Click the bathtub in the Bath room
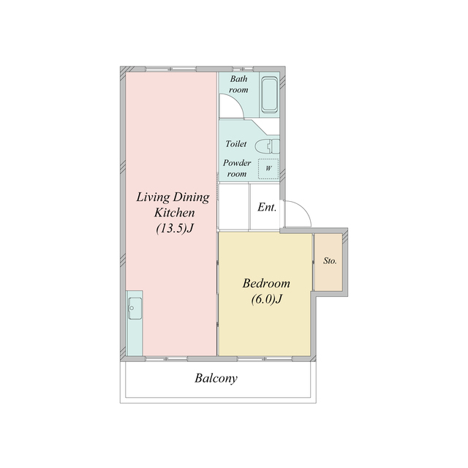coord(270,94)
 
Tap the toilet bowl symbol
coord(267,146)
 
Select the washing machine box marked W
coord(268,169)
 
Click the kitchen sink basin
coord(135,309)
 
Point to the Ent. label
coord(267,207)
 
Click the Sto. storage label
coord(330,261)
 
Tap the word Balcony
coord(216,378)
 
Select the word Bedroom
coord(266,283)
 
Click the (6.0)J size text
coord(266,299)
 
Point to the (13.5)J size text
coord(175,228)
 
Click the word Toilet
coord(236,144)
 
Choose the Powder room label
coord(237,168)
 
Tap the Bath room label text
coord(238,84)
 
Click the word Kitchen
coord(175,213)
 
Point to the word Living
coord(153,197)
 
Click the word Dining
coord(192,197)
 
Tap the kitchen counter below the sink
coord(135,338)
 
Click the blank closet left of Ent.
coord(234,207)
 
